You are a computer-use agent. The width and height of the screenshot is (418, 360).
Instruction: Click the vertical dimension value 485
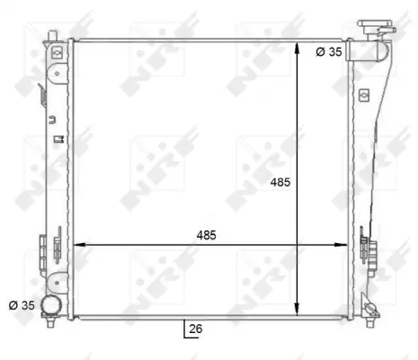tap(280, 182)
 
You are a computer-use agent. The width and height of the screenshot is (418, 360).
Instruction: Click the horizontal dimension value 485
tap(206, 235)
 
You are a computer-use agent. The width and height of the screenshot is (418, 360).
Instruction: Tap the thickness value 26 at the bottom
tap(196, 328)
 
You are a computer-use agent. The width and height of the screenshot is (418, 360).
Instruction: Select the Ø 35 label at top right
tap(329, 52)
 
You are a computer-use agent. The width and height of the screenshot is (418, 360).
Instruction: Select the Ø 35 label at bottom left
tap(22, 305)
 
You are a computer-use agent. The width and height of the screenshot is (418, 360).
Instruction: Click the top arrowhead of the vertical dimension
tap(297, 48)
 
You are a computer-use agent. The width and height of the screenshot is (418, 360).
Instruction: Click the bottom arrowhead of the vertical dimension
tap(297, 309)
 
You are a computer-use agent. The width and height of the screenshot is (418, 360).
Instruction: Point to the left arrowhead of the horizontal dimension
tap(80, 245)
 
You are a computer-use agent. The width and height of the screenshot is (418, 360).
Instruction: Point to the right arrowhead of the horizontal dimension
tap(341, 245)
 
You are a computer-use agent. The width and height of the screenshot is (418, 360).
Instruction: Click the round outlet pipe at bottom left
tap(51, 305)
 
